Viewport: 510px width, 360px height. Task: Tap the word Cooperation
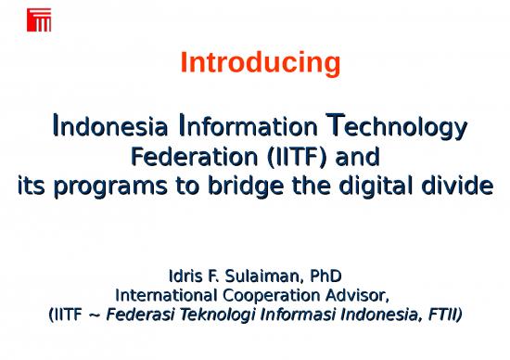pyautogui.click(x=270, y=296)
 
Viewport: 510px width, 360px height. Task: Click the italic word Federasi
pyautogui.click(x=139, y=315)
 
